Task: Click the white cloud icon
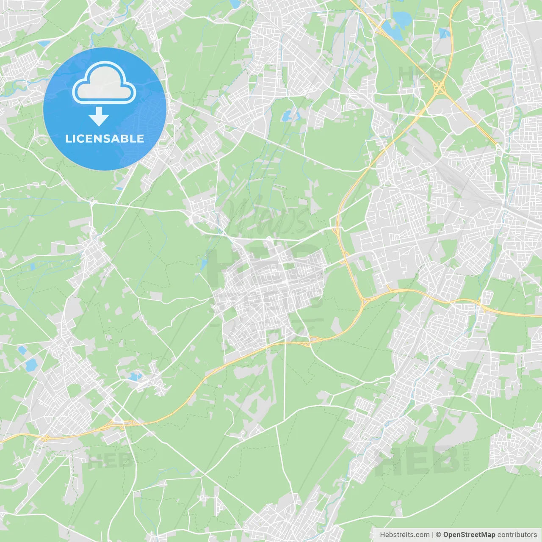[x=104, y=83]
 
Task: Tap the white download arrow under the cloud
[x=99, y=116]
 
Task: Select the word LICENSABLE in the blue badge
[x=105, y=138]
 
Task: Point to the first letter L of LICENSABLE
[x=68, y=138]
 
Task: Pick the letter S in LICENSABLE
[x=109, y=138]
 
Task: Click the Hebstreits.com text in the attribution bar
[x=404, y=535]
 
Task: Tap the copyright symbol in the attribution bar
[x=439, y=535]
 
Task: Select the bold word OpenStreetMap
[x=469, y=535]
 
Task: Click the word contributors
[x=517, y=535]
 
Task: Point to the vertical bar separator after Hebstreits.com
[x=433, y=535]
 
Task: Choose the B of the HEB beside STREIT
[x=447, y=461]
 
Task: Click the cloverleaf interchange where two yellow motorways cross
[x=440, y=88]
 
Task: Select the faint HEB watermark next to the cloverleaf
[x=417, y=73]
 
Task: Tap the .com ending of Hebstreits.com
[x=421, y=535]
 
